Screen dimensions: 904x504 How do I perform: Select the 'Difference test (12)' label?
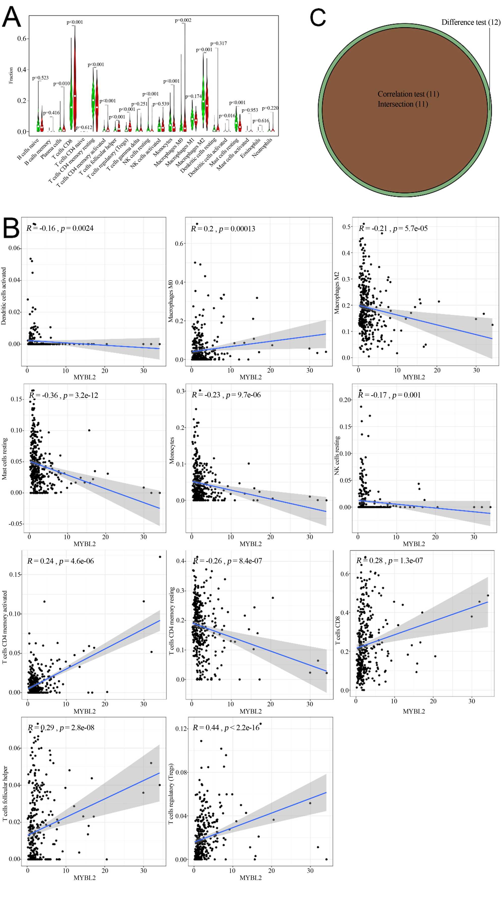(471, 22)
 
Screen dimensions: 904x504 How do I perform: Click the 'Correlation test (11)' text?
(408, 94)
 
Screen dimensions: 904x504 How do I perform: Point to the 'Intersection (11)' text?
(403, 104)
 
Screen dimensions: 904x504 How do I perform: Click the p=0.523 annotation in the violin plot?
(40, 78)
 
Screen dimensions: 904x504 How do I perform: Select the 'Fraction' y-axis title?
(11, 75)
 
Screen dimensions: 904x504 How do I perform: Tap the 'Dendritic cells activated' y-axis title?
(4, 296)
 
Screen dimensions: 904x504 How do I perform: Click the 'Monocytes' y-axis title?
(172, 450)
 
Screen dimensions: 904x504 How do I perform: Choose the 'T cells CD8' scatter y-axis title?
(338, 630)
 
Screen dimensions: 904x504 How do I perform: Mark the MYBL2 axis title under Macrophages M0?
(250, 377)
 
